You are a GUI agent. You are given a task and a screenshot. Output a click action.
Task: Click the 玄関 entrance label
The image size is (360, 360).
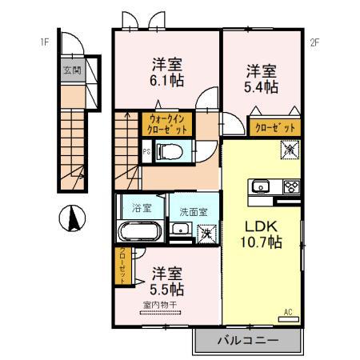pyautogui.click(x=71, y=70)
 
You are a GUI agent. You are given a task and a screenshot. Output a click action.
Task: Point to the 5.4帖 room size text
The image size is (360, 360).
pyautogui.click(x=261, y=86)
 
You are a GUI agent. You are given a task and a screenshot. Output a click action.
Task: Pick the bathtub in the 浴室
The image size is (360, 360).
pyautogui.click(x=142, y=233)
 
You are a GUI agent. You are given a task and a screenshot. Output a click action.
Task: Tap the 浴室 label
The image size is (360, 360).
pyautogui.click(x=142, y=207)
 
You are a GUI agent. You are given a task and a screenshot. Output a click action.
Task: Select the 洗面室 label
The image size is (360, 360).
pyautogui.click(x=193, y=212)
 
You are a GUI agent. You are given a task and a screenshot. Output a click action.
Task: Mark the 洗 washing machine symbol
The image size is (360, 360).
pyautogui.click(x=206, y=234)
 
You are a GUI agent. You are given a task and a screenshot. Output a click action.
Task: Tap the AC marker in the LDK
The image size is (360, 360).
pyautogui.click(x=289, y=312)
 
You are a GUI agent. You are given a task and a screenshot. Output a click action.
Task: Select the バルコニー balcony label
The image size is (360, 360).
pyautogui.click(x=248, y=341)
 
